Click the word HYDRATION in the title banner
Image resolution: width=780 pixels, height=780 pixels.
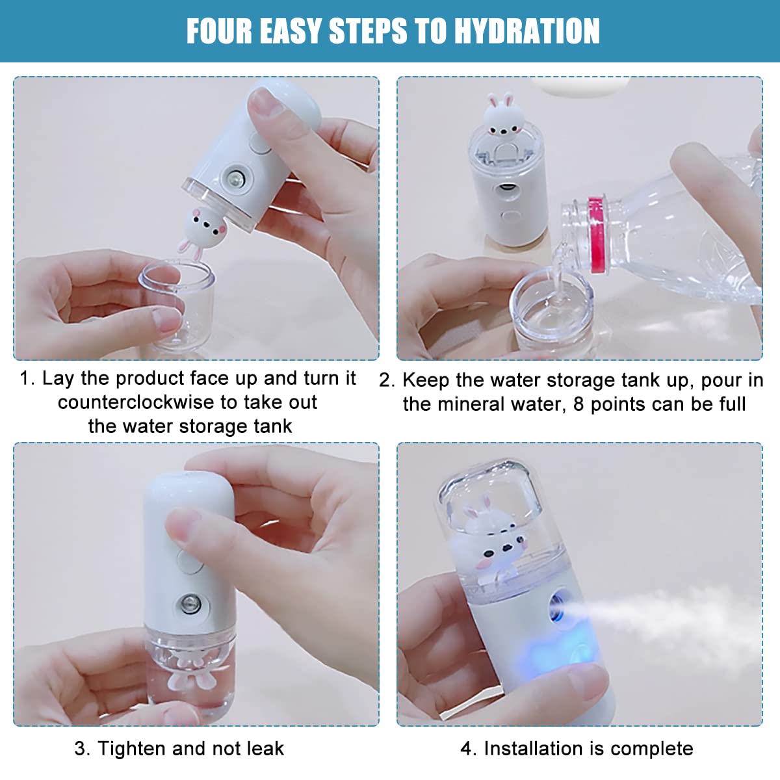click(x=526, y=31)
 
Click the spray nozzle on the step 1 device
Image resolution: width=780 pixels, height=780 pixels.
click(x=233, y=177)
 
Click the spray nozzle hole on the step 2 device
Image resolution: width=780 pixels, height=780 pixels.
click(x=506, y=190)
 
